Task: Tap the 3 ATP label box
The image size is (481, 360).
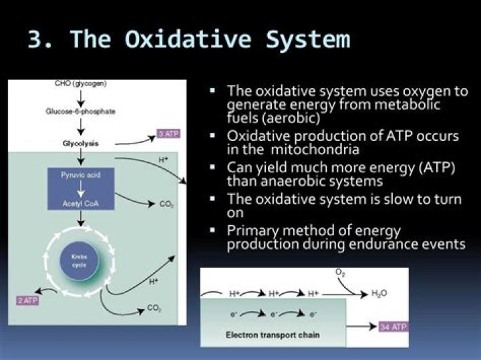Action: [168, 134]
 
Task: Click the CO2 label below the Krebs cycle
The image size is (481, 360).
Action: [153, 309]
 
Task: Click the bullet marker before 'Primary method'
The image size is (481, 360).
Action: [213, 230]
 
